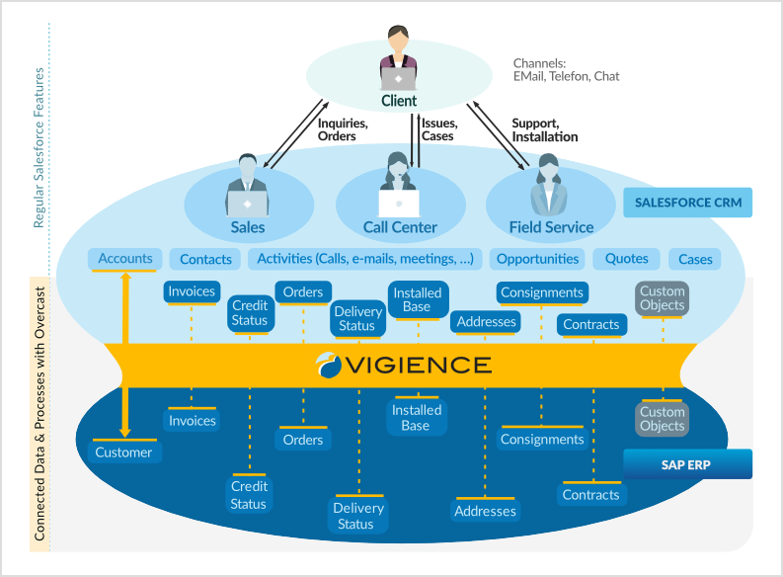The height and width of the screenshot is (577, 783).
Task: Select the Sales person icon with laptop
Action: (247, 188)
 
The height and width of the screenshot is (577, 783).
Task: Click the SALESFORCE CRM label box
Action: (687, 203)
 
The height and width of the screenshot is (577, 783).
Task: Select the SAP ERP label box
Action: (687, 463)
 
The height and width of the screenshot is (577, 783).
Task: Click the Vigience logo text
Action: (405, 365)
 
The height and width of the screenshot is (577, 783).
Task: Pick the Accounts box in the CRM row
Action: (125, 259)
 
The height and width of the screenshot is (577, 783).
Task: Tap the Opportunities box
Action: (537, 259)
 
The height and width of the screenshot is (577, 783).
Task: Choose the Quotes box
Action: (627, 259)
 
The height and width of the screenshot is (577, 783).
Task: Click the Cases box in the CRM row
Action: (695, 259)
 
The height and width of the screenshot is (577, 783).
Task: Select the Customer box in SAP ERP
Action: (123, 453)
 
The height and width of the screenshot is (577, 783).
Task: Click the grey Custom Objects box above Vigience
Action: (662, 298)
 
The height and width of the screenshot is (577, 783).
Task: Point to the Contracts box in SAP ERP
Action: (590, 495)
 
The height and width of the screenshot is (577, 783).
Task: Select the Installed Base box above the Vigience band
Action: (417, 299)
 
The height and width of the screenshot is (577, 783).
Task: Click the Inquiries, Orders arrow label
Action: (342, 129)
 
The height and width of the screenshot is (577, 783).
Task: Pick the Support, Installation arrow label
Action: (544, 129)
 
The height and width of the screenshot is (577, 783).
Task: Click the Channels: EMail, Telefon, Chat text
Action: (566, 69)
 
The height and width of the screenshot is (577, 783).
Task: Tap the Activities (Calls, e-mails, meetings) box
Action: (365, 259)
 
